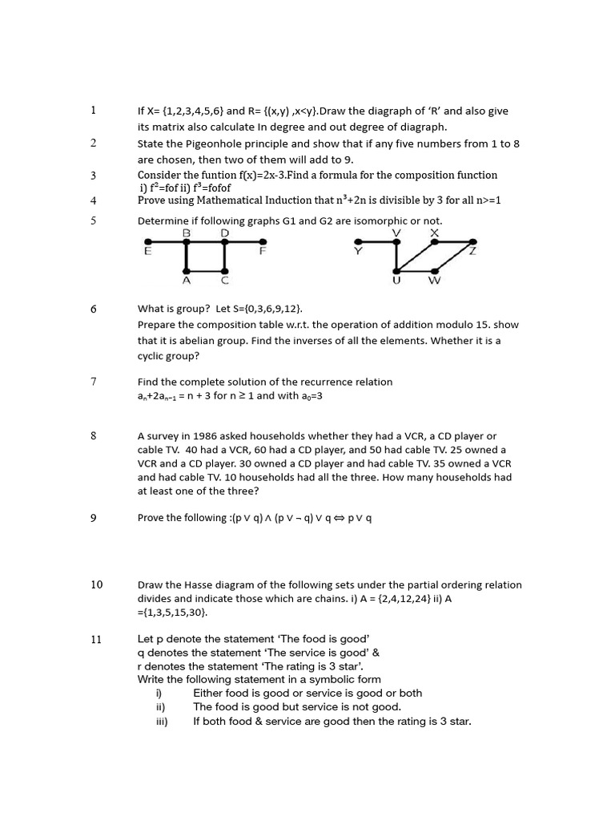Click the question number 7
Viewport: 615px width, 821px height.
(x=94, y=382)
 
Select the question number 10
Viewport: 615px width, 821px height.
(x=96, y=584)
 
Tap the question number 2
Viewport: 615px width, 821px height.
(x=94, y=143)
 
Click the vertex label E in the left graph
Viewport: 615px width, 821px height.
(x=147, y=252)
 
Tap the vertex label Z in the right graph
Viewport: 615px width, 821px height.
(x=473, y=252)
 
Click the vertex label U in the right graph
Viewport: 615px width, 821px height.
(x=396, y=281)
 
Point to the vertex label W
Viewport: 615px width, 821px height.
(x=434, y=281)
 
